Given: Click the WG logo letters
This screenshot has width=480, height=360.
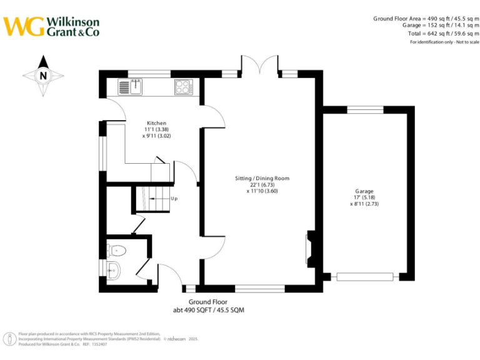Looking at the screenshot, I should [24, 26].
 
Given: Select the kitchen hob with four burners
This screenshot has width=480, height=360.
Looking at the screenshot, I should [184, 87].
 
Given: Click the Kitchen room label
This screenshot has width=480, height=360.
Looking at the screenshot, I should [156, 123].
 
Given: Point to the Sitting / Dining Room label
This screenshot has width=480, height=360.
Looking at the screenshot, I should [262, 178].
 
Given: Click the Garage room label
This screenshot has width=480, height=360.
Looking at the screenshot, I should [364, 191].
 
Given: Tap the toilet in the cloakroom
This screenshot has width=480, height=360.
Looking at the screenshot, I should [117, 251].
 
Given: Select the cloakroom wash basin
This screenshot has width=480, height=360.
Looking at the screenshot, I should [113, 271].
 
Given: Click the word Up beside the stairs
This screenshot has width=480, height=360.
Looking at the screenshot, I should [174, 199].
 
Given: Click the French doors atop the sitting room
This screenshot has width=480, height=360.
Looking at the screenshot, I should [259, 66].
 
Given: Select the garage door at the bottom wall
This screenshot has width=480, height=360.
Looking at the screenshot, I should [366, 276].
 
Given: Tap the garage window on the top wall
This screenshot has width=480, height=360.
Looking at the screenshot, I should [366, 110].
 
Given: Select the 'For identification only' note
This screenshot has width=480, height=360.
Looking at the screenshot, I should [444, 42].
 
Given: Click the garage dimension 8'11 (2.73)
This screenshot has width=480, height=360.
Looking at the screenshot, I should [364, 204].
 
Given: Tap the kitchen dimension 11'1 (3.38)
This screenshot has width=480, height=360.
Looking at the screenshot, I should [156, 129].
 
